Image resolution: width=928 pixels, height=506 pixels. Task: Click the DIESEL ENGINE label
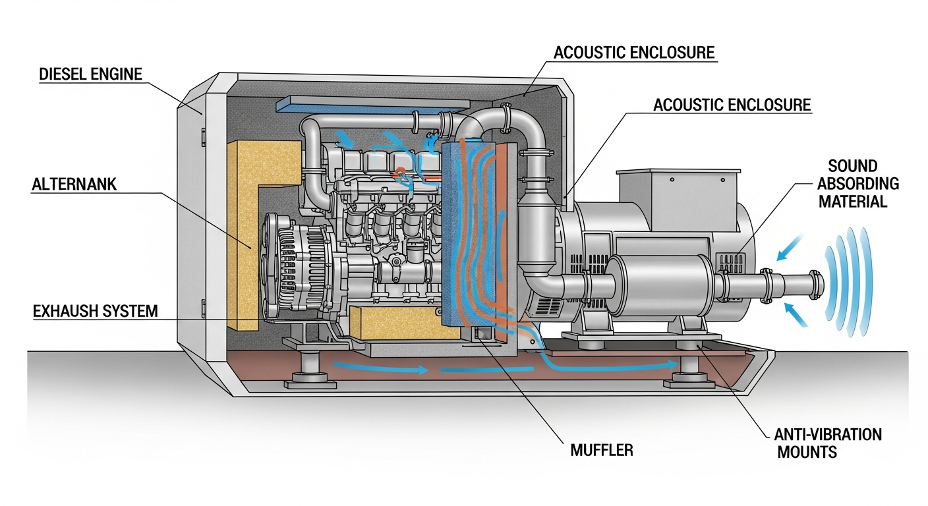[91, 74]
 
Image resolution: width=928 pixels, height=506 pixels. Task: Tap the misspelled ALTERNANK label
[74, 184]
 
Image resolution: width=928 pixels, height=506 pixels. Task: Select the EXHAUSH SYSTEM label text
[96, 310]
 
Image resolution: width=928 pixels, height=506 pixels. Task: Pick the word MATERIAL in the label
[853, 201]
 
